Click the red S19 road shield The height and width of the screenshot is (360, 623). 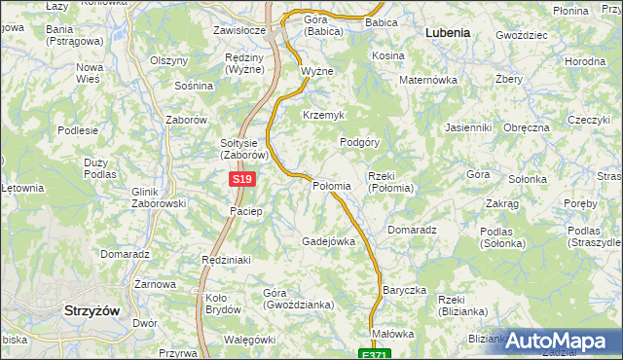click(243, 180)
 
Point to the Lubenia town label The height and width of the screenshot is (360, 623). click(448, 32)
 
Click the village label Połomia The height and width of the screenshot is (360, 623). click(330, 186)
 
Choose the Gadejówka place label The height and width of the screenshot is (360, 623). click(328, 240)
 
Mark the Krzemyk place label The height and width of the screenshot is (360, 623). click(324, 115)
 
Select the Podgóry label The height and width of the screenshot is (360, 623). click(359, 142)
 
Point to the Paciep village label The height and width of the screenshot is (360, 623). click(245, 211)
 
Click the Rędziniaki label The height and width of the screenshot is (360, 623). click(226, 260)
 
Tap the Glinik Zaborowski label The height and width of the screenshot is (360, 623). click(158, 198)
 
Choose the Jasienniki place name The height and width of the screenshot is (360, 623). click(467, 127)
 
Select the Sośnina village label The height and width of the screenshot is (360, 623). click(193, 86)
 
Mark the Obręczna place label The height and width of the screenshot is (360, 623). click(527, 127)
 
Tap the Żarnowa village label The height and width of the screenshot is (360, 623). click(155, 284)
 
